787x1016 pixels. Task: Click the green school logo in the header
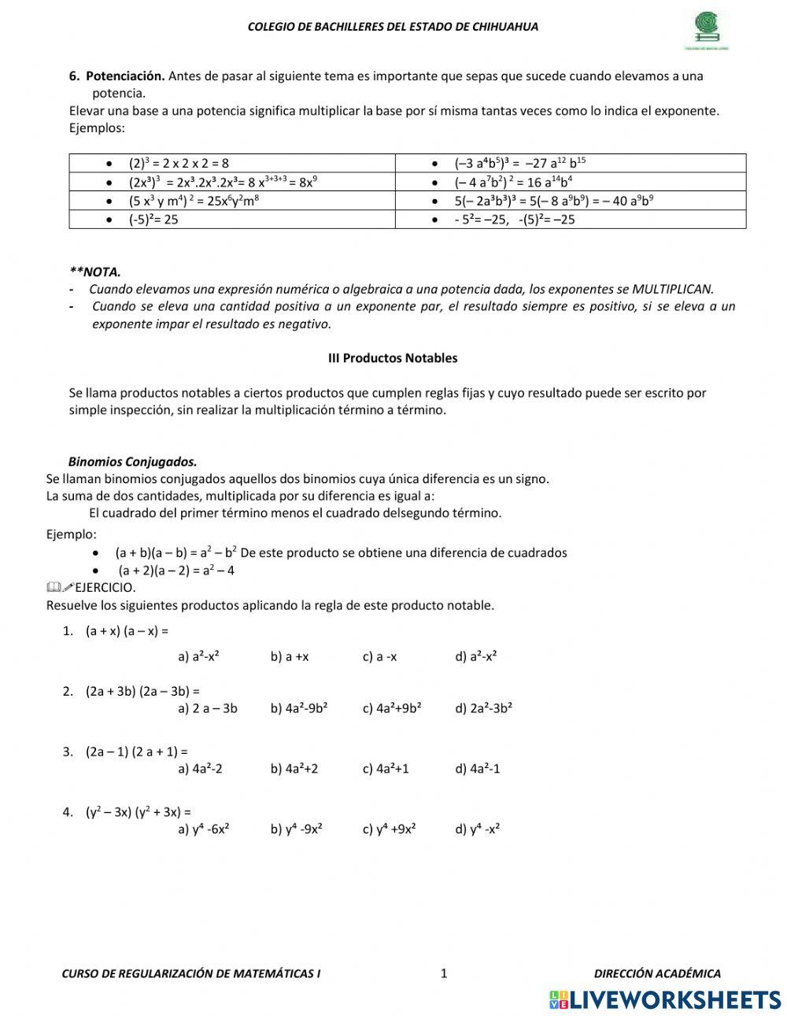[711, 31]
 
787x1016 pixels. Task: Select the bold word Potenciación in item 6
[125, 76]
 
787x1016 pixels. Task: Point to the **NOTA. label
[95, 272]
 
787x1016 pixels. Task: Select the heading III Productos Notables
[393, 358]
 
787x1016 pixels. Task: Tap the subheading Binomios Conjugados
[132, 462]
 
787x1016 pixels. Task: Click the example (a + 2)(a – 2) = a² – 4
[176, 571]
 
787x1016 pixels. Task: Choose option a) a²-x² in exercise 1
[198, 656]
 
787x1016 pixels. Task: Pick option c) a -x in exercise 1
[379, 656]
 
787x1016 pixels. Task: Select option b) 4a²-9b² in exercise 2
[299, 708]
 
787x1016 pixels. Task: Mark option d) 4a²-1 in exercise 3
[477, 768]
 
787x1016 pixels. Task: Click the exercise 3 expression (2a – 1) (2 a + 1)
[136, 752]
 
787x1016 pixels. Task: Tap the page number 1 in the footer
[444, 974]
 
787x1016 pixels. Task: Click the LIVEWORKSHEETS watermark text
[675, 999]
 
